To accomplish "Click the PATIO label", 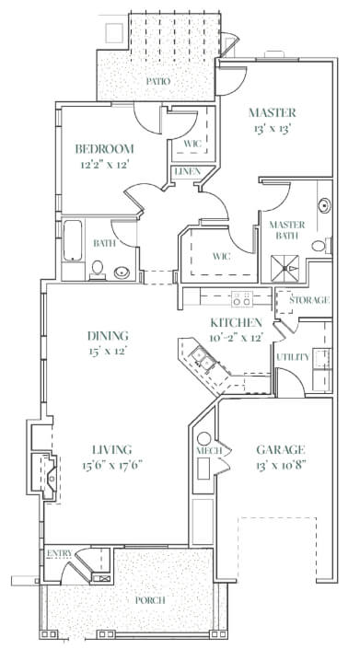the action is coord(158,81).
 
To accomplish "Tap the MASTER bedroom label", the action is coord(273,112).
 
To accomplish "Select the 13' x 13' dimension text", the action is coord(271,129).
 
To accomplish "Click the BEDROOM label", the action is coord(104,148).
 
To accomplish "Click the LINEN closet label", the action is coord(188,171).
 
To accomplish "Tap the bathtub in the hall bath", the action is coord(73,240).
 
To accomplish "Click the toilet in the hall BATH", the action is coord(98,270).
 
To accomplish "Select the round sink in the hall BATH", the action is coord(122,272).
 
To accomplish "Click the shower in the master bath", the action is coord(285,269).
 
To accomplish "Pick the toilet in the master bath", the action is coord(321,246).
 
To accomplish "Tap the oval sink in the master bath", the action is coord(324,205).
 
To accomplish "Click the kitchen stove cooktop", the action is coord(242,298).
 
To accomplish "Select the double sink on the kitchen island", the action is coord(202,358).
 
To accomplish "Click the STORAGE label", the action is coord(309,300).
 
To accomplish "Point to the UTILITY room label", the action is coord(293,357).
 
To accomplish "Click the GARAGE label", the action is coord(281,449).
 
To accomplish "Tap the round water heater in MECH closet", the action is coord(204,438).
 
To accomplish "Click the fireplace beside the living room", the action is coord(44,475).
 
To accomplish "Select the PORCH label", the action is coord(150,599).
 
